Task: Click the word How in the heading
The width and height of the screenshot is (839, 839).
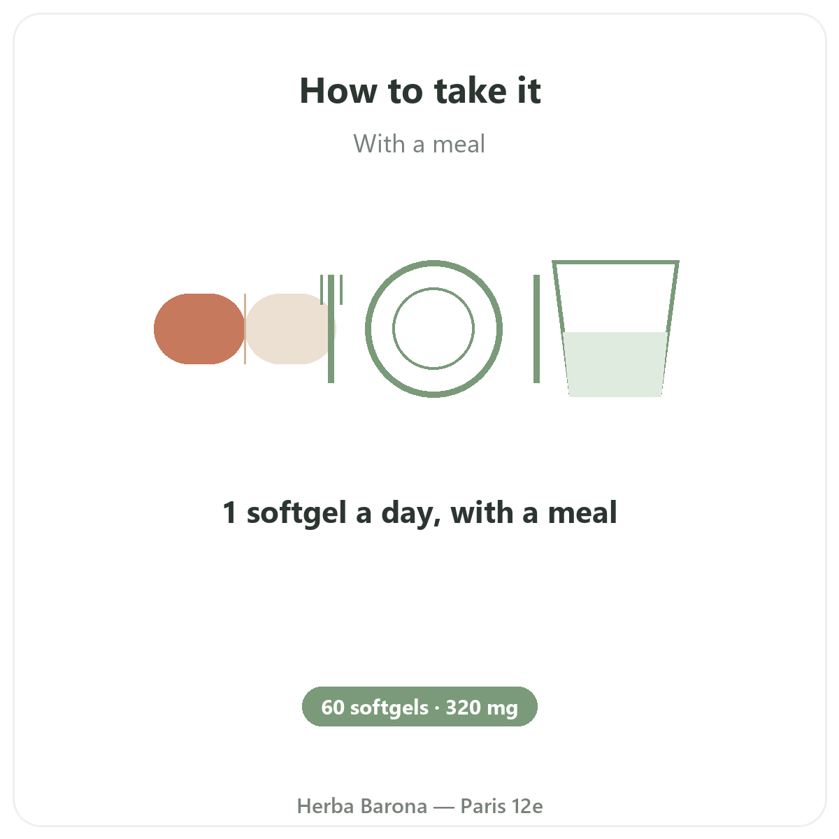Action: (x=338, y=91)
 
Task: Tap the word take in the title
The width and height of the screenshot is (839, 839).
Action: (x=471, y=91)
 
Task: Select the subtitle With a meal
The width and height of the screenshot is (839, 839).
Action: (x=419, y=144)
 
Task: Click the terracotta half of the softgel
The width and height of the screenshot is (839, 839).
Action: (x=199, y=329)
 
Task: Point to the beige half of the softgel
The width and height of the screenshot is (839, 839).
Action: (x=289, y=329)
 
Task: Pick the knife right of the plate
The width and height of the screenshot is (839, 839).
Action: (x=536, y=329)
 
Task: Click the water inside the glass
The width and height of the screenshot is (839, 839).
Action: (x=615, y=364)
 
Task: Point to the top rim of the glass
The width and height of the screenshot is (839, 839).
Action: (x=615, y=262)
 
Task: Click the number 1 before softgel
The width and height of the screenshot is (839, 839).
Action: (x=229, y=512)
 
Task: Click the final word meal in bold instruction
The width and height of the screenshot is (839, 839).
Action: (x=582, y=512)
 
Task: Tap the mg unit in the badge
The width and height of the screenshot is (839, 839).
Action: (x=503, y=709)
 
